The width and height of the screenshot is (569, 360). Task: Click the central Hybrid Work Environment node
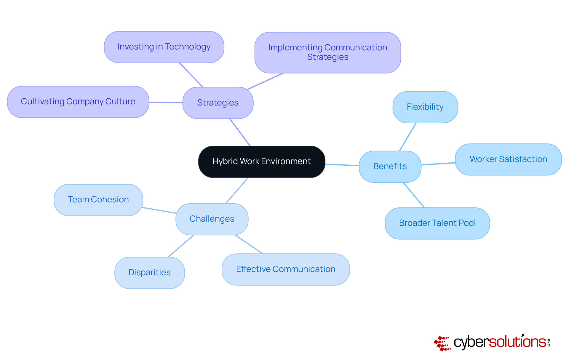[262, 161]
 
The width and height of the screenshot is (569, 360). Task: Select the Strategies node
[218, 103]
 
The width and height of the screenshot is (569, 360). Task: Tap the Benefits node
[390, 167]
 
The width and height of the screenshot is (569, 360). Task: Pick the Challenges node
[212, 219]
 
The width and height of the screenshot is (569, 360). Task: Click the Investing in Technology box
[164, 47]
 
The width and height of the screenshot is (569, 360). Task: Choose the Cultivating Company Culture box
[78, 102]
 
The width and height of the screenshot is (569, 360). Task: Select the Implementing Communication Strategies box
[327, 52]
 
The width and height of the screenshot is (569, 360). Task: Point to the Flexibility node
[425, 107]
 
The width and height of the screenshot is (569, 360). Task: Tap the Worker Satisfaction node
[508, 159]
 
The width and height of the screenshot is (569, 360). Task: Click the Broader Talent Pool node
[437, 223]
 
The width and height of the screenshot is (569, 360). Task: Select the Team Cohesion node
[98, 200]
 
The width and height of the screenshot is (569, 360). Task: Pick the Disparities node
[149, 273]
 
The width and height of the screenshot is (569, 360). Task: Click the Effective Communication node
[286, 269]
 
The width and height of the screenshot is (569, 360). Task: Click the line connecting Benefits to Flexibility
[408, 137]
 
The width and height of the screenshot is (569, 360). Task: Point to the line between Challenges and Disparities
[181, 246]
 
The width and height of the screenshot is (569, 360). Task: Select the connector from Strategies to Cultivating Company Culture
[166, 103]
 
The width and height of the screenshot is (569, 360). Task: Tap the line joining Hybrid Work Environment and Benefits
[342, 165]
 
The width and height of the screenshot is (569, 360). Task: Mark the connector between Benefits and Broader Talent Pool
[414, 195]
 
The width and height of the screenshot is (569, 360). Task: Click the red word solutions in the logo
[517, 342]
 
